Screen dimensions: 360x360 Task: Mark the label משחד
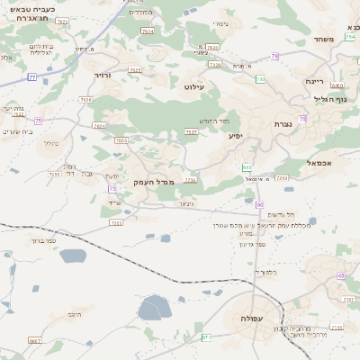coord(325,40)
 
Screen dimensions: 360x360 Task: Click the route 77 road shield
coord(33,77)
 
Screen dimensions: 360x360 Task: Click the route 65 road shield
coord(340,276)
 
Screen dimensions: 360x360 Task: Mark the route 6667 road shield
coord(34,341)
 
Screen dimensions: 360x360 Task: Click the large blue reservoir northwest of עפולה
coord(155,308)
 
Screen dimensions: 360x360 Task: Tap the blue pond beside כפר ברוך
coord(73,255)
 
